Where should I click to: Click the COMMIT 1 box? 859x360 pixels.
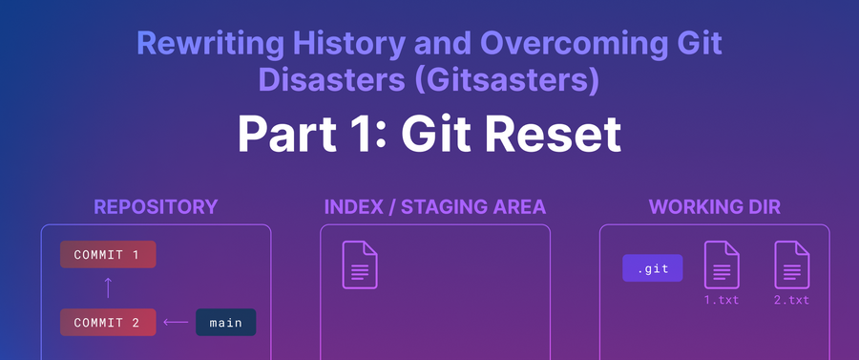(108, 254)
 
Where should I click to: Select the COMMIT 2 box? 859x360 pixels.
(108, 322)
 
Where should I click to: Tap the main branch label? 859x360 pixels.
(225, 322)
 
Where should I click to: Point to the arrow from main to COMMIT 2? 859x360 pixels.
(176, 322)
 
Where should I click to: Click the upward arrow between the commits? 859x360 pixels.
(108, 287)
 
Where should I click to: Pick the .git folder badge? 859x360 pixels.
(653, 268)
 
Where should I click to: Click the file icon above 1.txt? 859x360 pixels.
(722, 265)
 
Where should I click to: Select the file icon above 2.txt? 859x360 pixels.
(791, 265)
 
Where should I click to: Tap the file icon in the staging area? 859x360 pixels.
(360, 265)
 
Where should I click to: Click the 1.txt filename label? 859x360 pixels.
(722, 300)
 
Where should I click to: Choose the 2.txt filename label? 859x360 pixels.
(791, 300)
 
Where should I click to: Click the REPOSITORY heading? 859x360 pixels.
(156, 207)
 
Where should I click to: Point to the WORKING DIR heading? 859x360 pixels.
(714, 207)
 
